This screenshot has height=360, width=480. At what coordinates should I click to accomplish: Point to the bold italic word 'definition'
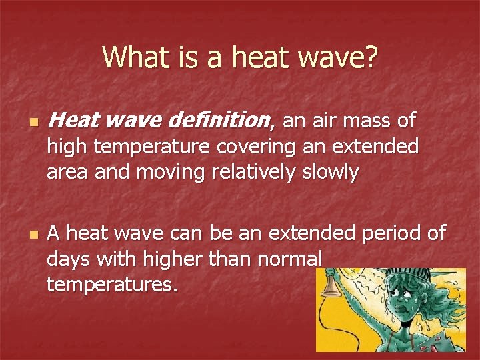tap(220, 121)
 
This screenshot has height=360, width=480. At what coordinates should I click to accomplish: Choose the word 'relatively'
tap(245, 172)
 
